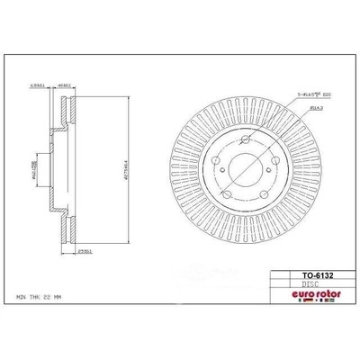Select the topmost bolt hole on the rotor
[239, 144]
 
